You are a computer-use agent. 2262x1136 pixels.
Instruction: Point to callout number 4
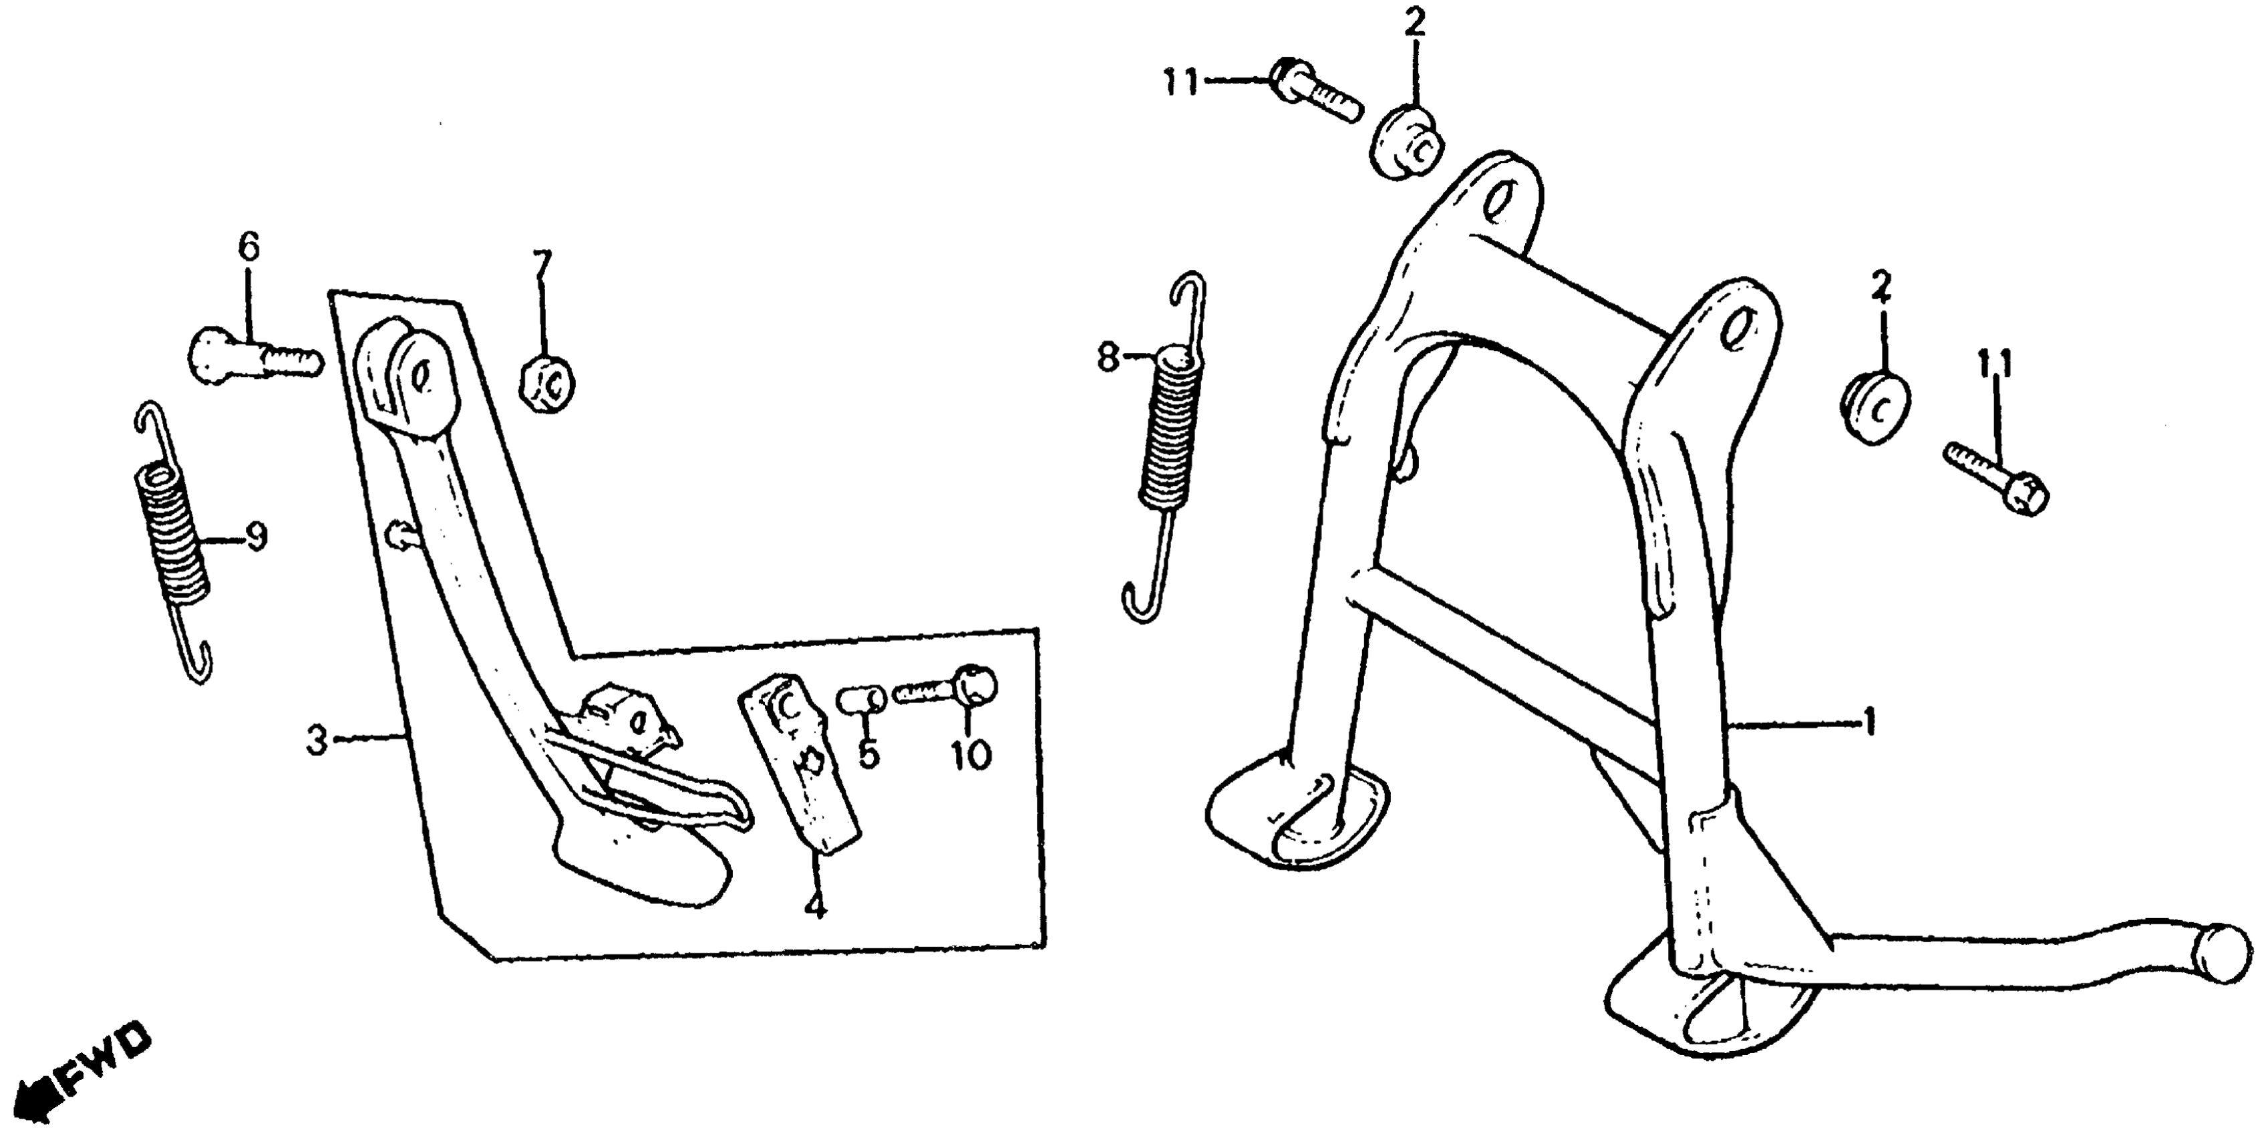pyautogui.click(x=816, y=904)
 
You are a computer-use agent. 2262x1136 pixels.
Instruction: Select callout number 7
pyautogui.click(x=542, y=265)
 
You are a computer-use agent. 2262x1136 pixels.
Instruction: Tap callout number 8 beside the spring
pyautogui.click(x=1108, y=358)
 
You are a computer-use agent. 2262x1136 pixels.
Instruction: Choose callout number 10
pyautogui.click(x=970, y=754)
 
